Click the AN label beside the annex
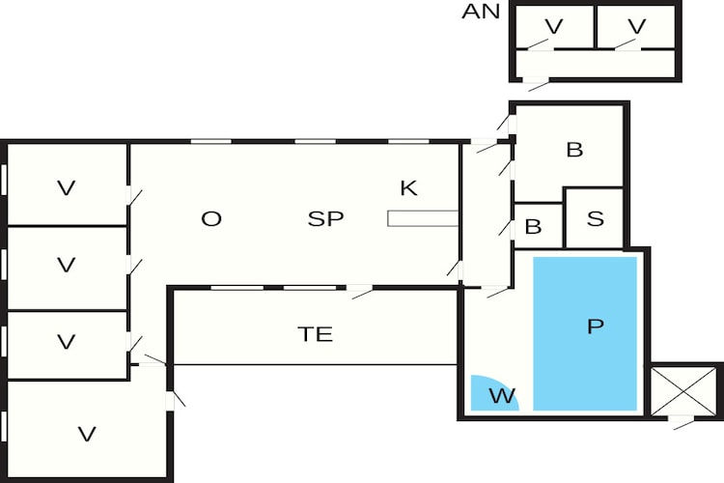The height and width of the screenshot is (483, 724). [x=481, y=12]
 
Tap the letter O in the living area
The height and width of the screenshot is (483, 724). [x=211, y=219]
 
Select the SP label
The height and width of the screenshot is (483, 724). [x=325, y=219]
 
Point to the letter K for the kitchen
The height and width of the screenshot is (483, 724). [x=408, y=188]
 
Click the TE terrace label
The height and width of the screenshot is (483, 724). [x=315, y=335]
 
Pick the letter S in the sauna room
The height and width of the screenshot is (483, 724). [x=595, y=218]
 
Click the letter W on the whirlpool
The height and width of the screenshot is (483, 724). [x=501, y=395]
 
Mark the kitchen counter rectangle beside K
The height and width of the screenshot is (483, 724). [x=422, y=218]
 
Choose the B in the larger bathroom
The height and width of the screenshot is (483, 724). [x=574, y=151]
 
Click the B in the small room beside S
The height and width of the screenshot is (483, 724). [x=533, y=228]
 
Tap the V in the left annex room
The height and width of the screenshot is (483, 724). [x=553, y=26]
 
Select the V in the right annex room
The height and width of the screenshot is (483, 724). [x=635, y=26]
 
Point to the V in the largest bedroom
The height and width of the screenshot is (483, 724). [x=87, y=435]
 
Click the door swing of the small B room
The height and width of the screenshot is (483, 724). [x=505, y=228]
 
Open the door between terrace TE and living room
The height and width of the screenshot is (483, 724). [x=361, y=290]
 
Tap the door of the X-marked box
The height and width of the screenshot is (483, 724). [x=682, y=421]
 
